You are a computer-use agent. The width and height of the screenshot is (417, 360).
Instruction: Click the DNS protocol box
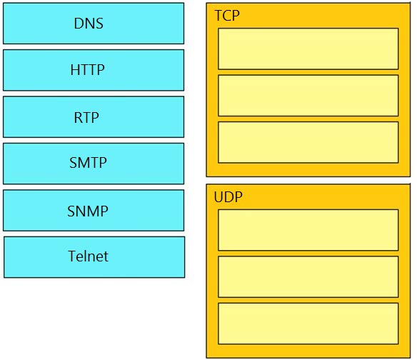(x=94, y=24)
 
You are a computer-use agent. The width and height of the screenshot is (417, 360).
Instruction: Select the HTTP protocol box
(x=94, y=70)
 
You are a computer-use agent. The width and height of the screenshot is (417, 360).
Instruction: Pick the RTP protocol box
(x=94, y=117)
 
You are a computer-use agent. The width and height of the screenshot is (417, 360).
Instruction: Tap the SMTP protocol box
(x=94, y=164)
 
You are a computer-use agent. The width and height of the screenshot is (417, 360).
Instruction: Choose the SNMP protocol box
(x=94, y=211)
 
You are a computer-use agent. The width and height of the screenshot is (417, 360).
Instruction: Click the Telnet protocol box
(x=94, y=257)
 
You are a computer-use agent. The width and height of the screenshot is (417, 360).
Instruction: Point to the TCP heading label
(x=227, y=16)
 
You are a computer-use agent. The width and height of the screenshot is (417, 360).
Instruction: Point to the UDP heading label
(x=228, y=197)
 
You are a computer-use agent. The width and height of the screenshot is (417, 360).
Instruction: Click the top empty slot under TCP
(x=308, y=49)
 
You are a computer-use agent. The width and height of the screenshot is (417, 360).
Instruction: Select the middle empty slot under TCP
(x=308, y=96)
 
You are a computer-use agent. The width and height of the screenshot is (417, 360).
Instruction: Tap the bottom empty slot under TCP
(x=308, y=142)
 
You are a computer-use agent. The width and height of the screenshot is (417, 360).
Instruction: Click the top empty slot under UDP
(x=308, y=230)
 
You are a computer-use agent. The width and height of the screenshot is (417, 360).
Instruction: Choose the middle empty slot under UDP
(x=308, y=276)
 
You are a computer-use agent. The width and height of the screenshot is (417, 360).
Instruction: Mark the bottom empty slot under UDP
(x=308, y=324)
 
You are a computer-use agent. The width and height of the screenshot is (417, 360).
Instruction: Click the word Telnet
(x=89, y=256)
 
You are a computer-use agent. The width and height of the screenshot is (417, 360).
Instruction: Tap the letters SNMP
(x=88, y=211)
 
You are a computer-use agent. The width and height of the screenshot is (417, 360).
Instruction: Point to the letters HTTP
(x=88, y=70)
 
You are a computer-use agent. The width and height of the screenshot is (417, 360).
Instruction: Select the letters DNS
(x=89, y=24)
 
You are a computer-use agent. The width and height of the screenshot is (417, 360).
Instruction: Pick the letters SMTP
(x=88, y=163)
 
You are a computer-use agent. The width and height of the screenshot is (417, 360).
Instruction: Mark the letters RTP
(x=86, y=117)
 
